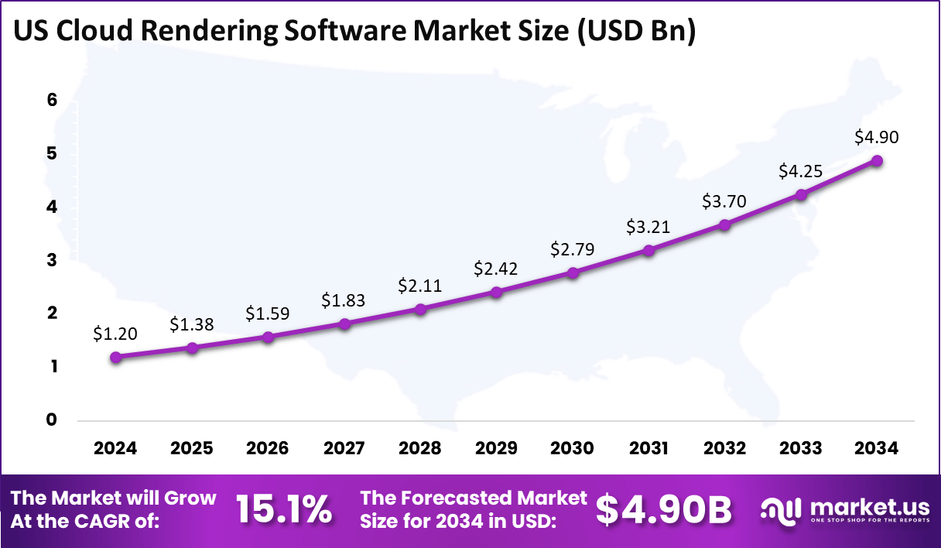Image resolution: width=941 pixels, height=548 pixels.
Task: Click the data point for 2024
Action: tap(115, 357)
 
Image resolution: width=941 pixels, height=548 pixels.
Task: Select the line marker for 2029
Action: tap(496, 292)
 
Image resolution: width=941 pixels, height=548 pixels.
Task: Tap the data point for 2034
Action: tap(877, 160)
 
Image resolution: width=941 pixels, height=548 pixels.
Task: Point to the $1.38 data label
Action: tap(191, 325)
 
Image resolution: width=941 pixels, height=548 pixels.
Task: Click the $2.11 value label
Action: tap(419, 286)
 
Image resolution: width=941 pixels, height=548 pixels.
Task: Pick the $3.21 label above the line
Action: tap(648, 227)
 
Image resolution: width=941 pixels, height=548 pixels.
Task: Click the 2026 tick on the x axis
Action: tap(268, 448)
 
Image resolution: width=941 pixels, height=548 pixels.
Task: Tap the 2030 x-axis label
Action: tap(573, 448)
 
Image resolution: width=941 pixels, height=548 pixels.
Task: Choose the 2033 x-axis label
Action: tap(801, 448)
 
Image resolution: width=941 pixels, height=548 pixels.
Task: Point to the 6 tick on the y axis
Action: tap(52, 100)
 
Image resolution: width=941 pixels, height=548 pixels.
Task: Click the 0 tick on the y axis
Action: tap(52, 420)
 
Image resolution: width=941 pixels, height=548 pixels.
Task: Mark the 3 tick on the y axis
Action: tap(52, 260)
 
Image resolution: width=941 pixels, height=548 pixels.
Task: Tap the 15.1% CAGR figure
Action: tap(284, 509)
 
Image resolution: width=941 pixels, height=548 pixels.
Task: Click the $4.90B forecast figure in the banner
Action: tap(664, 509)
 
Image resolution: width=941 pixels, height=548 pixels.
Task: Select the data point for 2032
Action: tap(724, 224)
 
